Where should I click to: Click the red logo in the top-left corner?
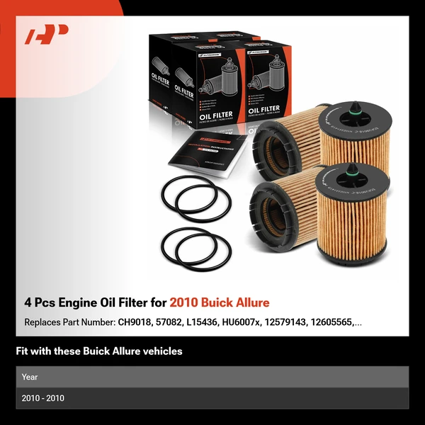pos(46,34)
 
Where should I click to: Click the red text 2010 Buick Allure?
pos(220,302)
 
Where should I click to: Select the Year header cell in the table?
pos(30,377)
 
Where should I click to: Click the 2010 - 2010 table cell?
pos(42,398)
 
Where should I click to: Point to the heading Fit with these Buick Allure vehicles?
pos(99,351)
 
